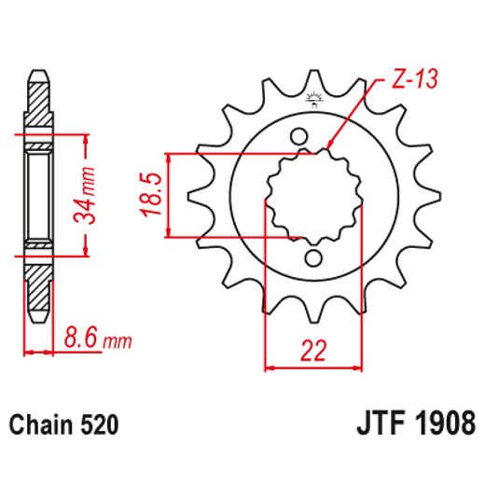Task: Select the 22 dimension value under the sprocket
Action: [x=312, y=351]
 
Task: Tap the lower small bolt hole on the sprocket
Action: [x=313, y=257]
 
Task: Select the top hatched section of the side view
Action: [x=37, y=103]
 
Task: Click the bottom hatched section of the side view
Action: [x=37, y=289]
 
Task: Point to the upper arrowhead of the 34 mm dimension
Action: [x=87, y=141]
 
